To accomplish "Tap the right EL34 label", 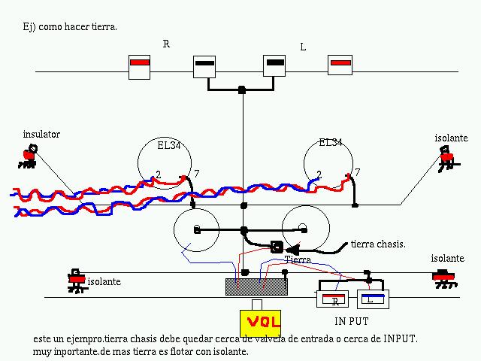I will [331, 142].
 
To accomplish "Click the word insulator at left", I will [41, 135].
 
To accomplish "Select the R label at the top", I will [166, 44].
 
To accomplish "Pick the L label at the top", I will [303, 47].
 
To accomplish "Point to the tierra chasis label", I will [378, 244].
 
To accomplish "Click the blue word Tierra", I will [298, 259].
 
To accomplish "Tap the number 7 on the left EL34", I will [196, 174].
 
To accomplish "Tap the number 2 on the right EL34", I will [319, 175].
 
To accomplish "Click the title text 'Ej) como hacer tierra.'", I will [71, 26].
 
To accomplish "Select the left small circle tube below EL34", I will [195, 229].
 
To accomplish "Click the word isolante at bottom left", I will [105, 282].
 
